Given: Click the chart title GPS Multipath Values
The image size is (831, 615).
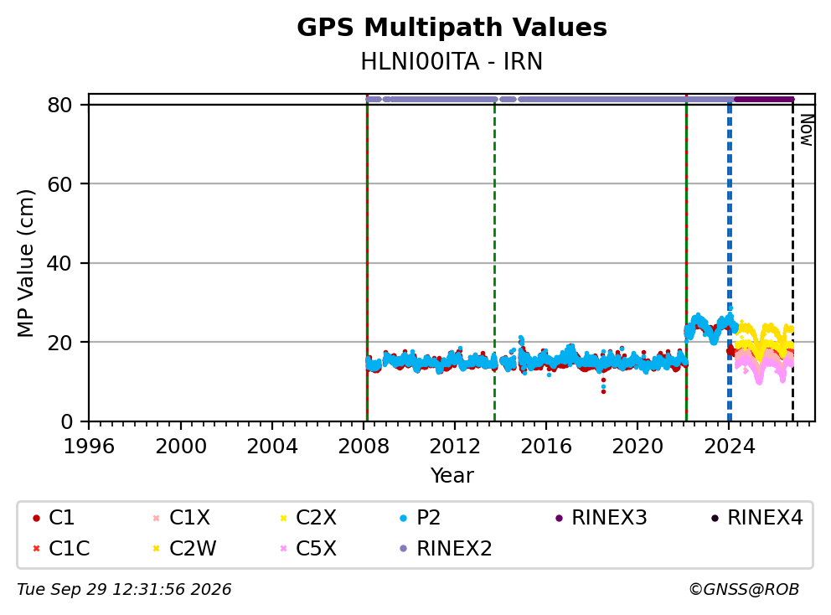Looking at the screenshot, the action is point(452,28).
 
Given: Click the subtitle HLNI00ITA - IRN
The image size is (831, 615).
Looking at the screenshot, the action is point(452,61).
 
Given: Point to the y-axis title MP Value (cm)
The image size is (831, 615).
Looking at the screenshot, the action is point(25,263).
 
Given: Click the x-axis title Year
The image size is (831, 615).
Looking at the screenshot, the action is point(452,475).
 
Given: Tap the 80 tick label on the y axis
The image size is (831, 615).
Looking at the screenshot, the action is point(59,105).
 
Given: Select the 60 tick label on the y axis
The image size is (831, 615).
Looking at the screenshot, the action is point(59,184).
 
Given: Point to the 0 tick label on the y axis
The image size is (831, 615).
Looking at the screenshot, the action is point(67,421).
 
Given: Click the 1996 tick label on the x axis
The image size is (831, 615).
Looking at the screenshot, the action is point(89,447).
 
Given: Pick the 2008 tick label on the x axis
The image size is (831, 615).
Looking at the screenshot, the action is point(364,447).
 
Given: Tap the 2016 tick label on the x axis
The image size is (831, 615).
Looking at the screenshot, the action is point(546,447).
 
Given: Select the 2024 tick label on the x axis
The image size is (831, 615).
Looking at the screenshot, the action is point(729,447).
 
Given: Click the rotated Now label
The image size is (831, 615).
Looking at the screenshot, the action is point(806,130).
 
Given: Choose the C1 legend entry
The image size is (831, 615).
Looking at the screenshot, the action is point(54,518).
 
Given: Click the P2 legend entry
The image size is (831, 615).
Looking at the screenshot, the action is point(421,518).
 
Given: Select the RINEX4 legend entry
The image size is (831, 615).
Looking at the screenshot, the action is point(756,518).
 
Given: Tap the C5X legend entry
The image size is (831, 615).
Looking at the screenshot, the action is point(308,548).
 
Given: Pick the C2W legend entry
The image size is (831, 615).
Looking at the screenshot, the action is point(184,548).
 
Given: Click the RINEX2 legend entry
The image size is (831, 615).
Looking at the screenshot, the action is point(446,548).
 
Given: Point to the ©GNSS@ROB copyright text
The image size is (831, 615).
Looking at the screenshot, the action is point(744,589).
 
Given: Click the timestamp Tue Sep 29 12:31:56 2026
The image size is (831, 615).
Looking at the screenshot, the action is point(124,589).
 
